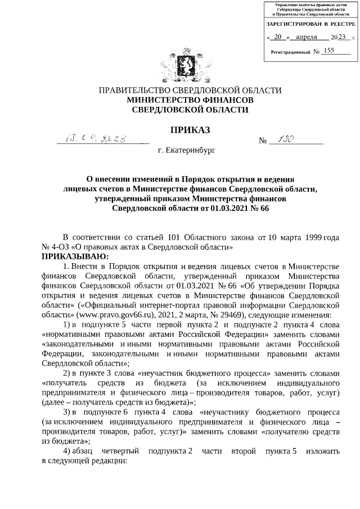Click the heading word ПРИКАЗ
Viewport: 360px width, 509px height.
point(190,130)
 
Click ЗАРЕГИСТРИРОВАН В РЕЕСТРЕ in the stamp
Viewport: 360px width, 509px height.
point(310,24)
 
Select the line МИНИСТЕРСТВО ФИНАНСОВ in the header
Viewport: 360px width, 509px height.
point(190,100)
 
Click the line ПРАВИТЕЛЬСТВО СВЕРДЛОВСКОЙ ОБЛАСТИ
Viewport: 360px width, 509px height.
point(190,90)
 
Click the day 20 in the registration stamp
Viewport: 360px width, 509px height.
point(276,37)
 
